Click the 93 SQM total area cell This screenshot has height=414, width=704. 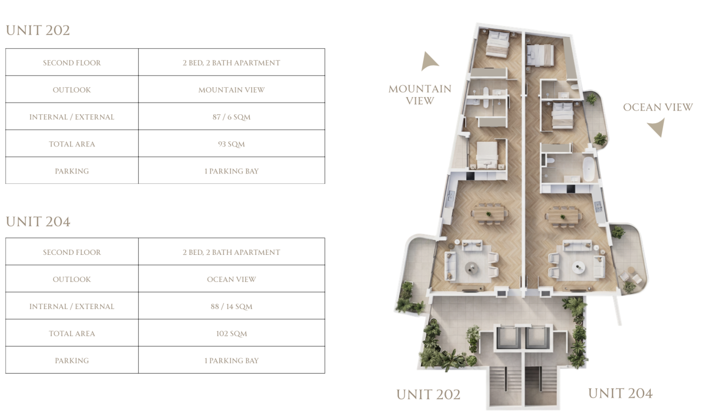coord(231,144)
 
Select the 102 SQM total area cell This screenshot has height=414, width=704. coord(231,333)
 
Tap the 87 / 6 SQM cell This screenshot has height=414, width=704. coord(231,117)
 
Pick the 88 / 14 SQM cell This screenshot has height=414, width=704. coord(231,306)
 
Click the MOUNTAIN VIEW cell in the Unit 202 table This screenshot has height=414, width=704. coord(231,90)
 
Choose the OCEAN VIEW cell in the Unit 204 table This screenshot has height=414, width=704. coord(231,279)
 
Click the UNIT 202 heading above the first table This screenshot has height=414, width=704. coord(38,30)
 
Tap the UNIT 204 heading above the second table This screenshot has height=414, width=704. coord(38,222)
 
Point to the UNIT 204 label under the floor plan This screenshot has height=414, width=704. coord(620,393)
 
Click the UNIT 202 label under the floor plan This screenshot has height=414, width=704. coord(428,395)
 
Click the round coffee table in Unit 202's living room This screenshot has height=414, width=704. coord(472,268)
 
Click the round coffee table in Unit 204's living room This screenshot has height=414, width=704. coord(578,267)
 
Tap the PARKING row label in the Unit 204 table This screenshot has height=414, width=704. coord(72,360)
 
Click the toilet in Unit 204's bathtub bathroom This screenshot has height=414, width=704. coord(550,161)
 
